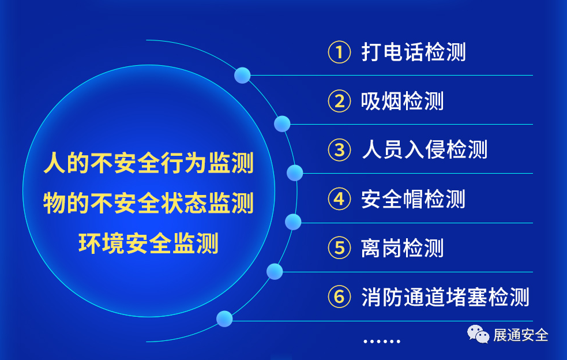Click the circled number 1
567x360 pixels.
(x=339, y=52)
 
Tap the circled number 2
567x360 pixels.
(x=339, y=101)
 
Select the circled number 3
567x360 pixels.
(x=339, y=150)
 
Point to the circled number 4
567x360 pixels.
(x=339, y=198)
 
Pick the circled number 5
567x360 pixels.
(x=339, y=248)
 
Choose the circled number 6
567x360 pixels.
(x=339, y=297)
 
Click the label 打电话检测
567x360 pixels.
(x=414, y=52)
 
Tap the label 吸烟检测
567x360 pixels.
(x=403, y=101)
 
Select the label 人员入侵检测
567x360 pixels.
(x=425, y=150)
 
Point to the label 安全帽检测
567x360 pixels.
(x=414, y=199)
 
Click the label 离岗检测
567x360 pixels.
(x=403, y=248)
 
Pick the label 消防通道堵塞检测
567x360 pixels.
(x=445, y=297)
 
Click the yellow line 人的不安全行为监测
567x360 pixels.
(x=149, y=163)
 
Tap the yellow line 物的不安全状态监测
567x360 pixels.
(x=149, y=203)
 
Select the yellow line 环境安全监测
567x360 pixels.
(x=149, y=243)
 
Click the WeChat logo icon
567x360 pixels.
(x=478, y=334)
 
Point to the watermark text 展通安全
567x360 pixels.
(x=521, y=335)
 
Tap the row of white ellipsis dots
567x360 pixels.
(x=381, y=341)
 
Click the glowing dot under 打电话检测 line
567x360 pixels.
(x=242, y=75)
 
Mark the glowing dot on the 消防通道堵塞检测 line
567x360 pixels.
(x=224, y=319)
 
